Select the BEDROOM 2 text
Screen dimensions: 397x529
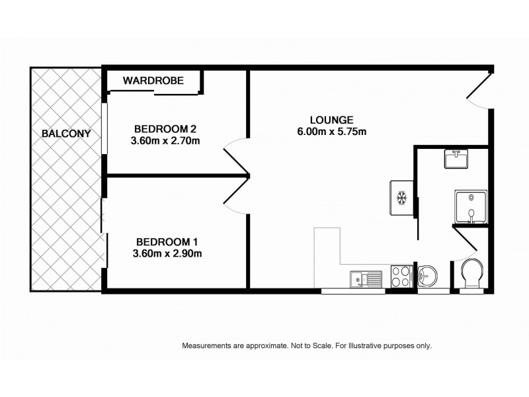tap(166, 128)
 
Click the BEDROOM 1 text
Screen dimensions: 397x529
tap(167, 242)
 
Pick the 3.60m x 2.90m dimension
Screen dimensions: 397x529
tap(167, 253)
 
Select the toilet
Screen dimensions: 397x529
tap(472, 273)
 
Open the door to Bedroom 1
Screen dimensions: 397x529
tap(235, 196)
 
